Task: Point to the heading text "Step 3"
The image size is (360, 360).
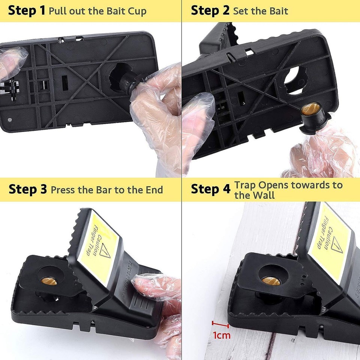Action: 28,189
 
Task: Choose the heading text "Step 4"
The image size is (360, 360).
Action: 210,189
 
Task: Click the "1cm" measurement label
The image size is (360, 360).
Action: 222,335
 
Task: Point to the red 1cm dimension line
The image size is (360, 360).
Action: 220,323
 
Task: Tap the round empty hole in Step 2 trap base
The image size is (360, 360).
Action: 293,76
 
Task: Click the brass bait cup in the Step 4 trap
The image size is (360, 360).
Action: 271,280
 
